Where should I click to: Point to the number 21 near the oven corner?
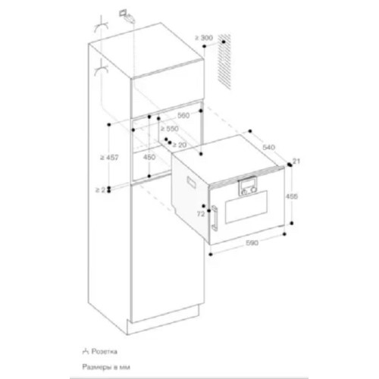296,160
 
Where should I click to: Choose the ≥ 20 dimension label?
179,143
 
